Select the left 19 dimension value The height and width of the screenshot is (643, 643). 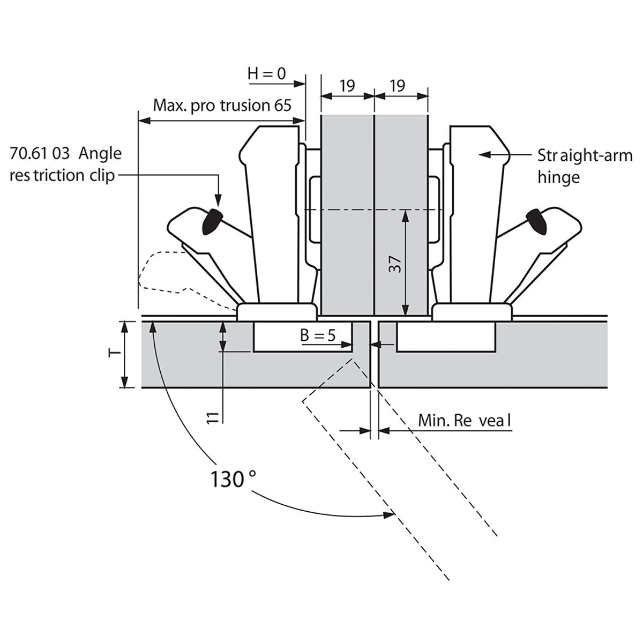click(347, 85)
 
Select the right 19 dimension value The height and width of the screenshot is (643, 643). click(398, 85)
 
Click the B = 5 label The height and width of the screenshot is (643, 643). click(317, 336)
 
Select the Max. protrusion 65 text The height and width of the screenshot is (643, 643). click(222, 104)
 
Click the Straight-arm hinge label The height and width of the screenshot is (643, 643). click(584, 166)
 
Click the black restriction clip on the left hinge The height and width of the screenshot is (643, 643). click(211, 222)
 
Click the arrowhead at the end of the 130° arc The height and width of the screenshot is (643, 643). click(390, 515)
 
